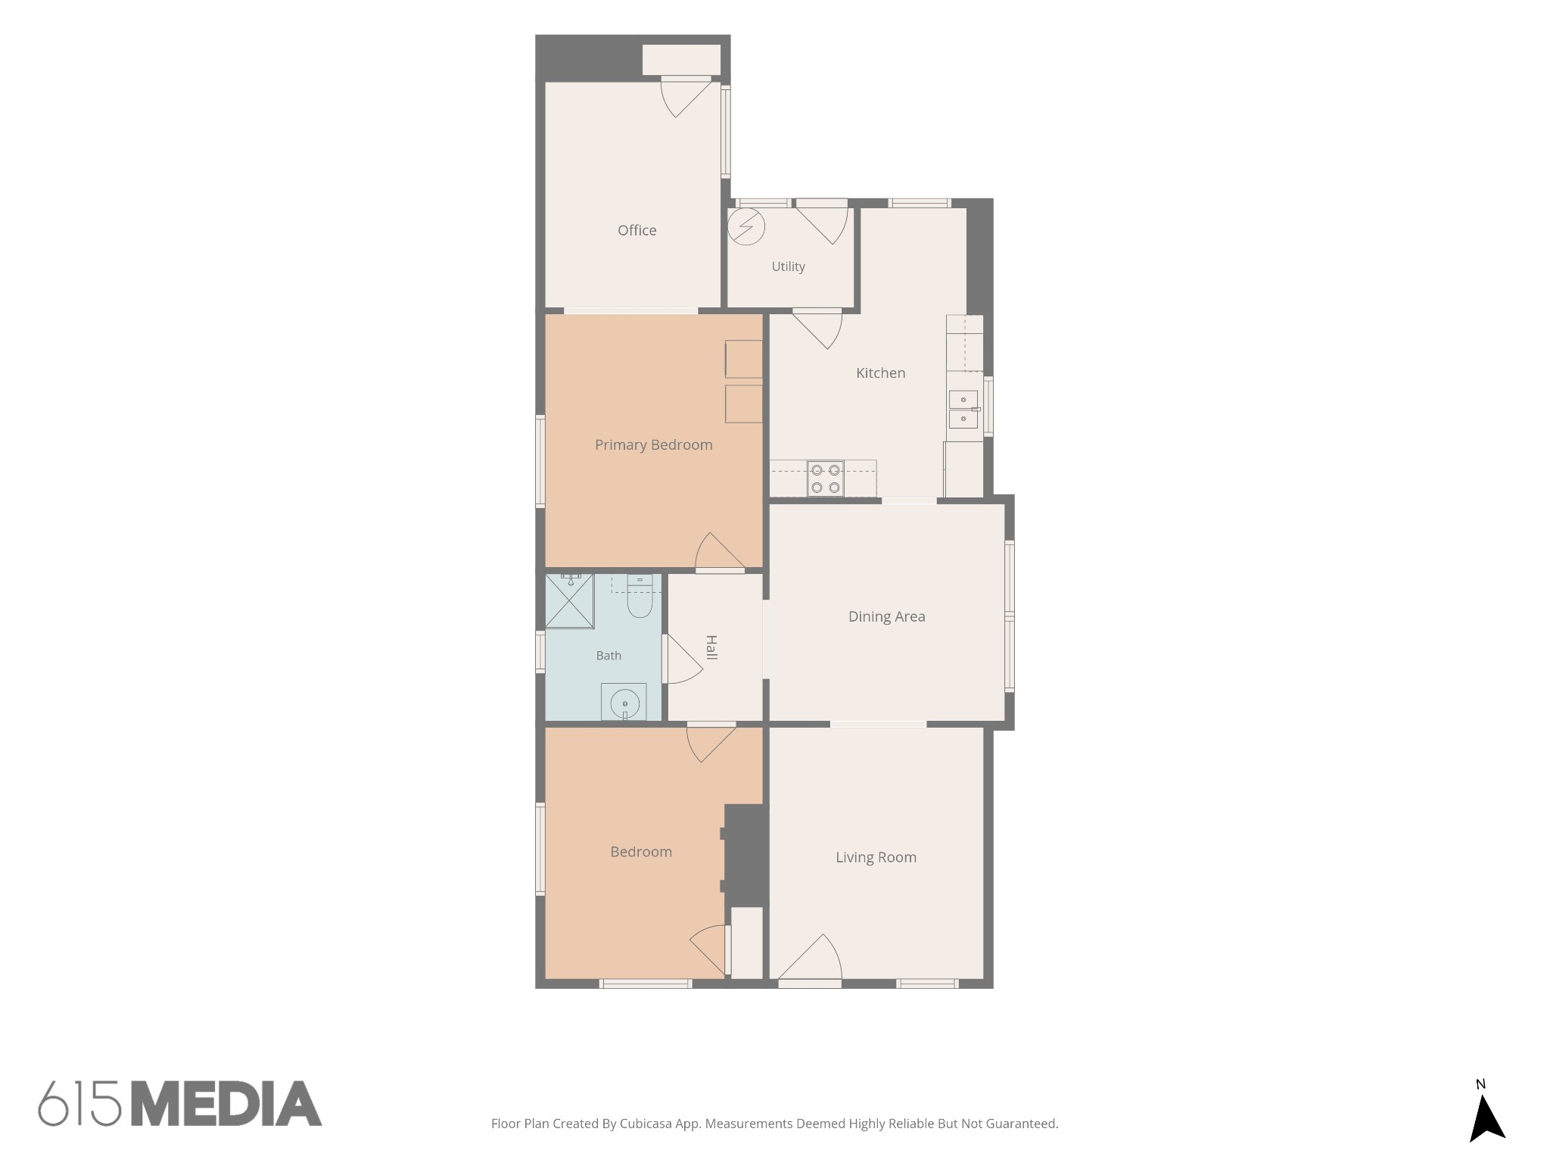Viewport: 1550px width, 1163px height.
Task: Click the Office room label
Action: pos(636,230)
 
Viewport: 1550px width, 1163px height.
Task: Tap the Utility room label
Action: pos(788,267)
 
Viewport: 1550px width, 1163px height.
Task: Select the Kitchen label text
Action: pos(880,373)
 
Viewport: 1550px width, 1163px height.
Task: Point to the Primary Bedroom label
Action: pos(653,445)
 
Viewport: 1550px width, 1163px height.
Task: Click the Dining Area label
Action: pos(886,616)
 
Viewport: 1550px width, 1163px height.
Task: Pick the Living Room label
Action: pos(876,857)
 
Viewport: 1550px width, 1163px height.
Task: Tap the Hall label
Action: pos(711,647)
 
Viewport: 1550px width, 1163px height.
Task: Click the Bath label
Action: pos(608,656)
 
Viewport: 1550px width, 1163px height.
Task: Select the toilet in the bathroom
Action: pos(640,596)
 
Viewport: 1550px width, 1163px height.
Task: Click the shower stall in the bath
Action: pos(569,601)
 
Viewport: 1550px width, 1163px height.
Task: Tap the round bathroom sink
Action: pos(624,703)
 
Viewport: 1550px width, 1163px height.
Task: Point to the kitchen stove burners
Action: pos(825,479)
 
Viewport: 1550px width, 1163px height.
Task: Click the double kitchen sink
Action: pos(963,409)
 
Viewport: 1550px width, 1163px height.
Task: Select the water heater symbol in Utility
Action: pos(746,226)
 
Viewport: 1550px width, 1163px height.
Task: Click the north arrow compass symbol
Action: pos(1486,1121)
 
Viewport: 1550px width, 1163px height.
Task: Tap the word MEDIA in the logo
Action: pos(226,1103)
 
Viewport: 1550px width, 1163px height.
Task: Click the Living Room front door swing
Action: pos(811,957)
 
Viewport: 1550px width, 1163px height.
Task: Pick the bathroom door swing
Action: pos(684,659)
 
